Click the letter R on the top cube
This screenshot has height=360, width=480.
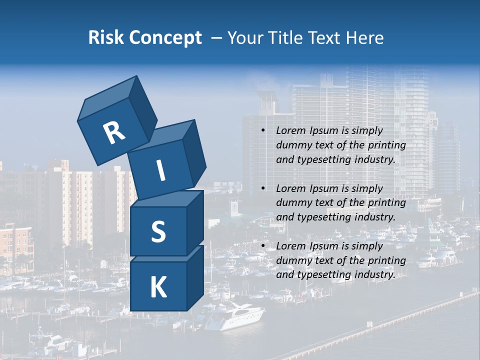click(x=114, y=132)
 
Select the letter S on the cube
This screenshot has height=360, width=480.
click(x=158, y=231)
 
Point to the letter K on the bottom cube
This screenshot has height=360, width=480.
click(x=158, y=288)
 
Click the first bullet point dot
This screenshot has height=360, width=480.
click(x=263, y=131)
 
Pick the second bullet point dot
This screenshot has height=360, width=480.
click(x=263, y=188)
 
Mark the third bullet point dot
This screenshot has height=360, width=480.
click(x=263, y=246)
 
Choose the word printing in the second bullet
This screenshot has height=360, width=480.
click(x=386, y=203)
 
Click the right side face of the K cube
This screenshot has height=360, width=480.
click(x=195, y=277)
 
